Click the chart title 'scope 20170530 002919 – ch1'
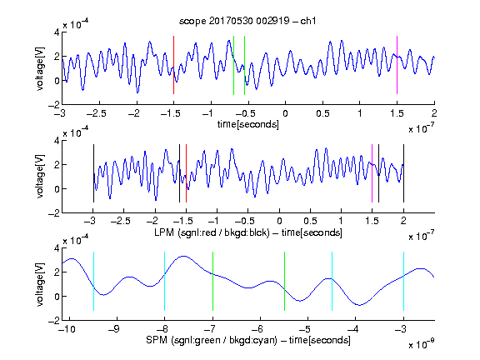point(247,21)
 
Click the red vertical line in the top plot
point(173,65)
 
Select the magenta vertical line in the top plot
point(397,65)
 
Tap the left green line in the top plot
point(233,65)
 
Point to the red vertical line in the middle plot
point(186,173)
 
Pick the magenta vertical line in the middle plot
point(372,173)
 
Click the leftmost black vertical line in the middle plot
point(93,173)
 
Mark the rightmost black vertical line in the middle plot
point(403,173)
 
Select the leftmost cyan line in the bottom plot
point(93,281)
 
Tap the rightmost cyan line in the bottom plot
point(403,281)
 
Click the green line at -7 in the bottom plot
point(212,281)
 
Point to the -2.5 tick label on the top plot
point(97,113)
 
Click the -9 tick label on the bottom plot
point(114,329)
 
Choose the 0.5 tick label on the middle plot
point(310,221)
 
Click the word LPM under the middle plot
point(164,232)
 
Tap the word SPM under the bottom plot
point(157,340)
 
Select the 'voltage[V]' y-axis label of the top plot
point(40,68)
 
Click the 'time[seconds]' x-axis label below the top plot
point(248,124)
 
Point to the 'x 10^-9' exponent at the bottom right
point(421,344)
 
